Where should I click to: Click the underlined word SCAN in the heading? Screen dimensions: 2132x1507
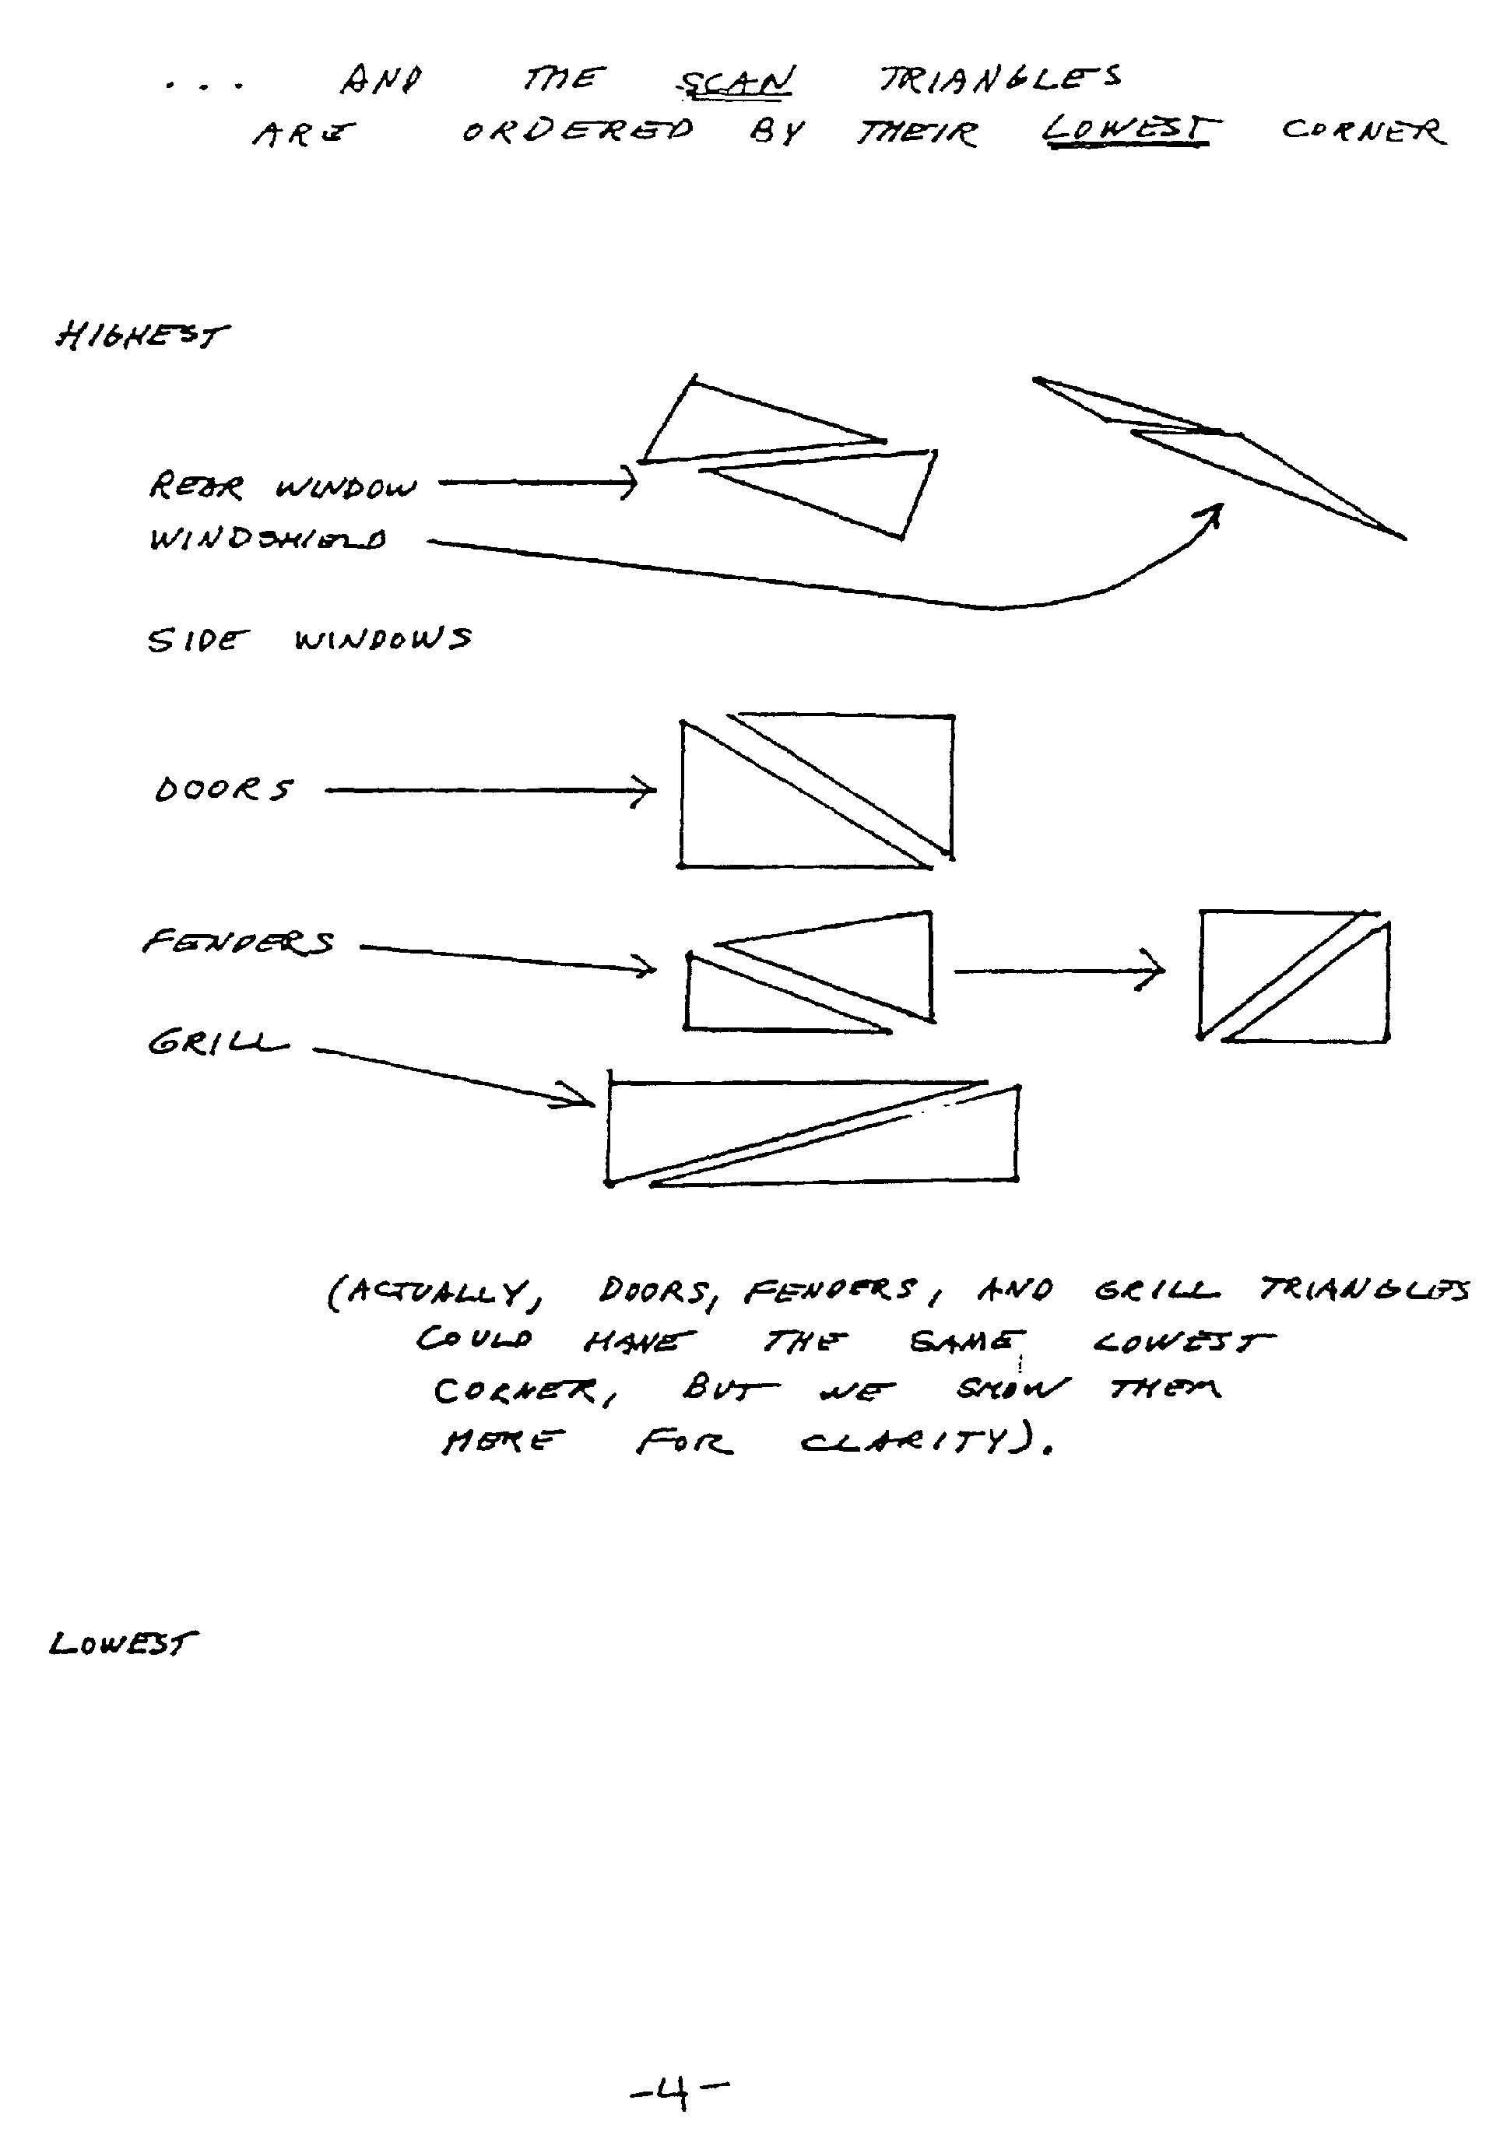tap(736, 82)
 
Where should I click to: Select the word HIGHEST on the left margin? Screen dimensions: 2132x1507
tap(140, 335)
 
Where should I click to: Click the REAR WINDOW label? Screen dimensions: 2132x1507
tap(283, 486)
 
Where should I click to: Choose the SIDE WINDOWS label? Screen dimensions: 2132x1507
tap(309, 640)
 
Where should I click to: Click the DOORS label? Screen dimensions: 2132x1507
tap(223, 789)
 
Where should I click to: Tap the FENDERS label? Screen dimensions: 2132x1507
tap(237, 943)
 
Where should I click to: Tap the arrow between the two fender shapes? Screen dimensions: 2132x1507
tap(1059, 971)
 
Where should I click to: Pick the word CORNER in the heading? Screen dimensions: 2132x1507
tap(1363, 131)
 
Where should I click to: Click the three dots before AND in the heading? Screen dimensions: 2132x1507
tap(204, 86)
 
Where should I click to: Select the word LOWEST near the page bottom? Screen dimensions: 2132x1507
tap(122, 1644)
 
